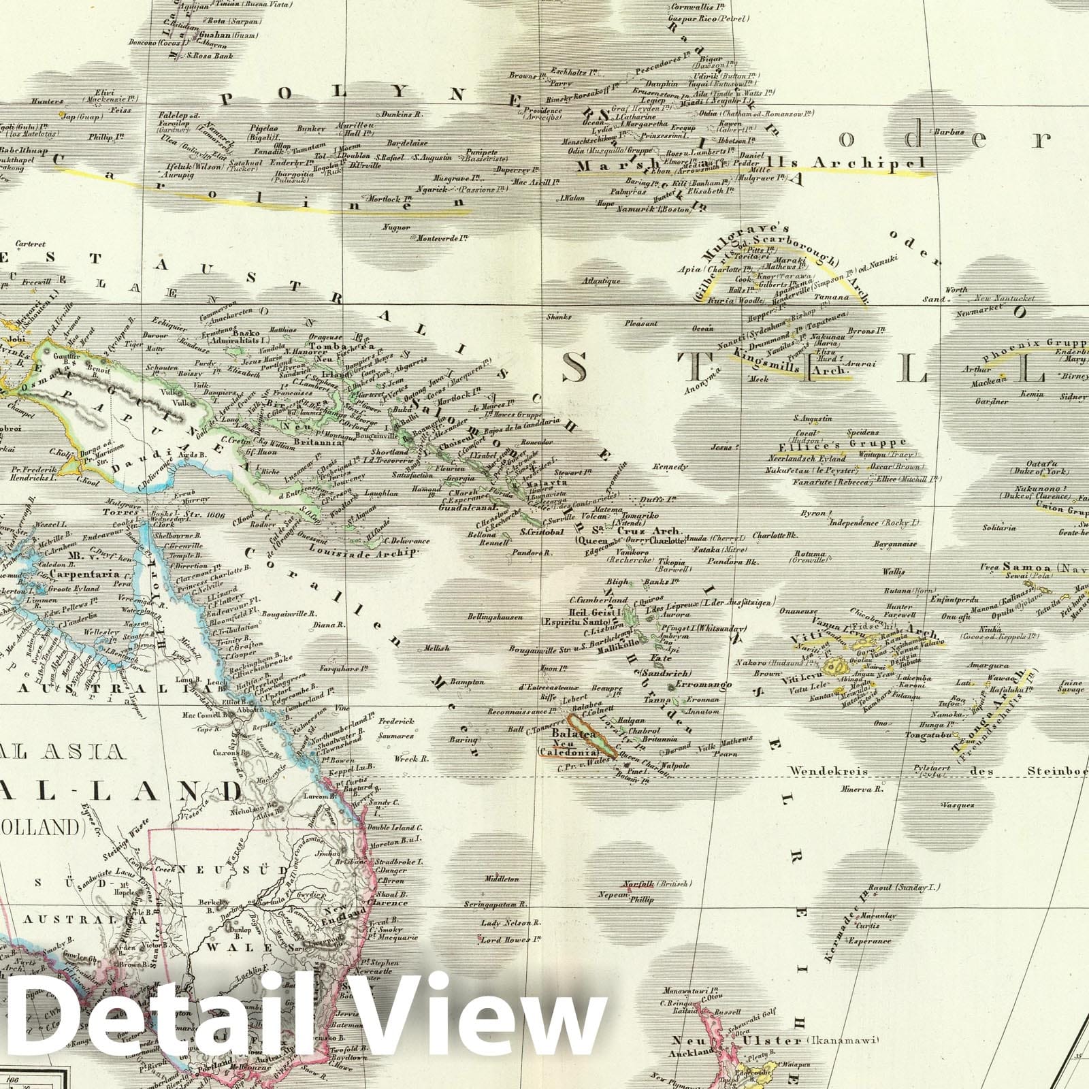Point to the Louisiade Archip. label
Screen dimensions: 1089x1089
click(x=361, y=553)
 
